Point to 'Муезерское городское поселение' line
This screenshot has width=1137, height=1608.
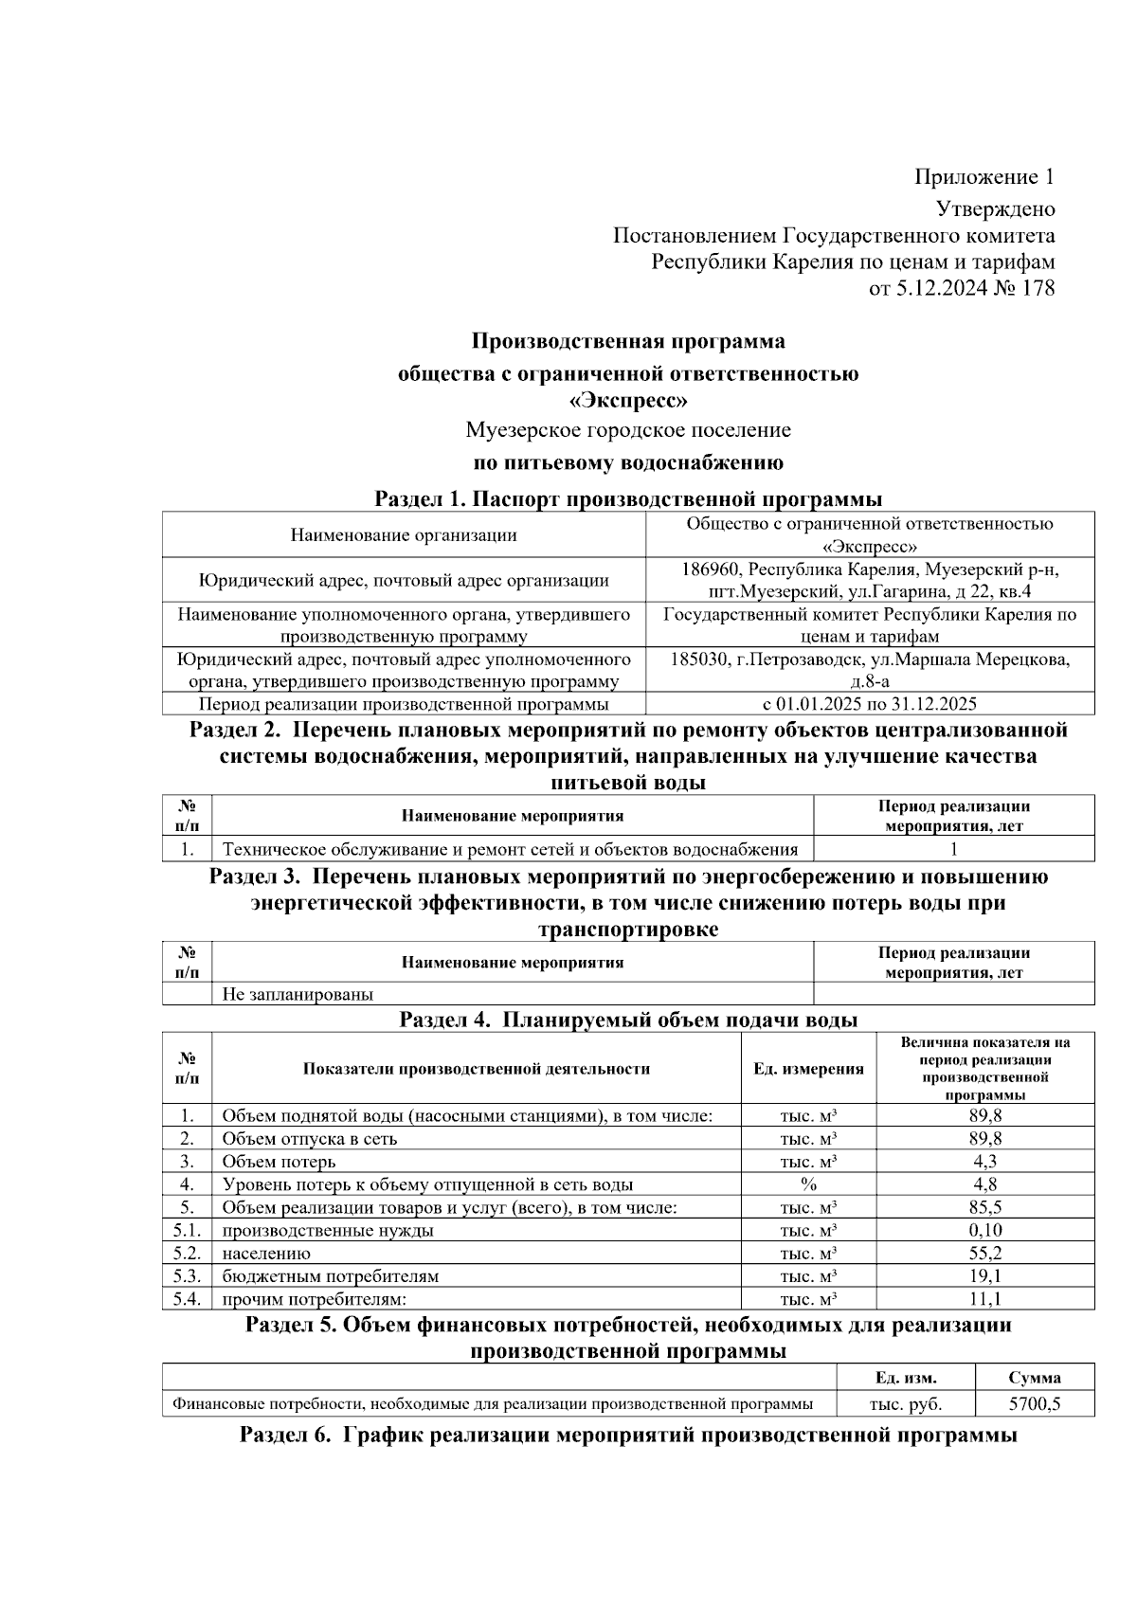pos(628,430)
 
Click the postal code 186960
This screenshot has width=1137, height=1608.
pos(712,569)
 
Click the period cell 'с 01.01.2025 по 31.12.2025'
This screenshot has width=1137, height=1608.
pos(869,704)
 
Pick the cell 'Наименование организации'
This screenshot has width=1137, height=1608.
pos(404,535)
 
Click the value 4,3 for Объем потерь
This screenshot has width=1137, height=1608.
pos(984,1162)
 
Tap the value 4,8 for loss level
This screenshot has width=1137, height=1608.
pos(984,1184)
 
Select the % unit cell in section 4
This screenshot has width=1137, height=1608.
pos(808,1184)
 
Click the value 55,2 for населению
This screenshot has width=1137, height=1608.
pos(984,1254)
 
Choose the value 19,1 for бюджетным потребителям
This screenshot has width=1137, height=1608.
pos(984,1276)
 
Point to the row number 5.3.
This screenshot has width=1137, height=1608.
pos(187,1276)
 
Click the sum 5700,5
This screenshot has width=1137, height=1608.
pos(1035,1404)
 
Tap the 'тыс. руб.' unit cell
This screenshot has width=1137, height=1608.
pos(906,1404)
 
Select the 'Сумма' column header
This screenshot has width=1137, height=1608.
pos(1035,1378)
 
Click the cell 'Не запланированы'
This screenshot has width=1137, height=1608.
pos(298,995)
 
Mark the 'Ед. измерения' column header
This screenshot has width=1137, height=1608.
pos(808,1069)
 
